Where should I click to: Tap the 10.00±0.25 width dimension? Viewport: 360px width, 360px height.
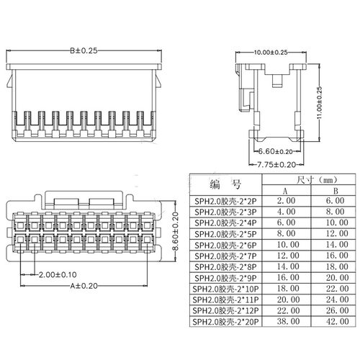click(271, 52)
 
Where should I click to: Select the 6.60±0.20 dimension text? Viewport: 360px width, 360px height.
click(275, 152)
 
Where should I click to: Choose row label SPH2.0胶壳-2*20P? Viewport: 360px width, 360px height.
click(225, 321)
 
